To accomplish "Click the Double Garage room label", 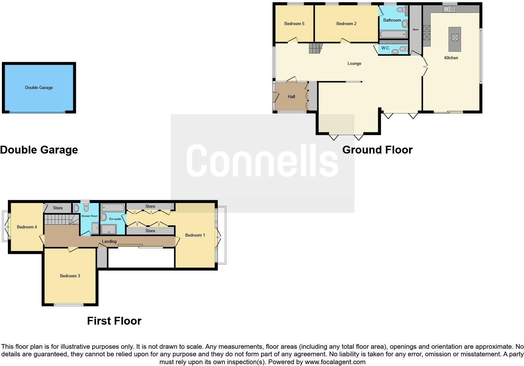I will [x=39, y=88].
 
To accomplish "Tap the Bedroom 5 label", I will [x=294, y=24].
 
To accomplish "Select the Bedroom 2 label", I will [x=346, y=24].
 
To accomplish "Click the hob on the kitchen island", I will [x=455, y=38].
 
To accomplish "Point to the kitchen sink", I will [x=449, y=10].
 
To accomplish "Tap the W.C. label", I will [x=385, y=48].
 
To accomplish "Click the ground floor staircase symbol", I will [x=315, y=48].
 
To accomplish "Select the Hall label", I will [x=291, y=97].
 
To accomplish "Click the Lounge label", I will [x=354, y=64].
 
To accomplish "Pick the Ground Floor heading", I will [x=377, y=150].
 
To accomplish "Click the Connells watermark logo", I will [x=262, y=161].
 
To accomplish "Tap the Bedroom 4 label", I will [x=27, y=227].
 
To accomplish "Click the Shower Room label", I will [x=90, y=216].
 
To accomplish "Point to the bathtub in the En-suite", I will [x=113, y=208].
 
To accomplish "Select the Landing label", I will [x=109, y=242].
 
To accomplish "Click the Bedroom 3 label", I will [x=70, y=276].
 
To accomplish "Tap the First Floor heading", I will [x=114, y=321].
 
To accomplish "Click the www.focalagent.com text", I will [x=335, y=362].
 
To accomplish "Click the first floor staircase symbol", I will [x=61, y=219].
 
